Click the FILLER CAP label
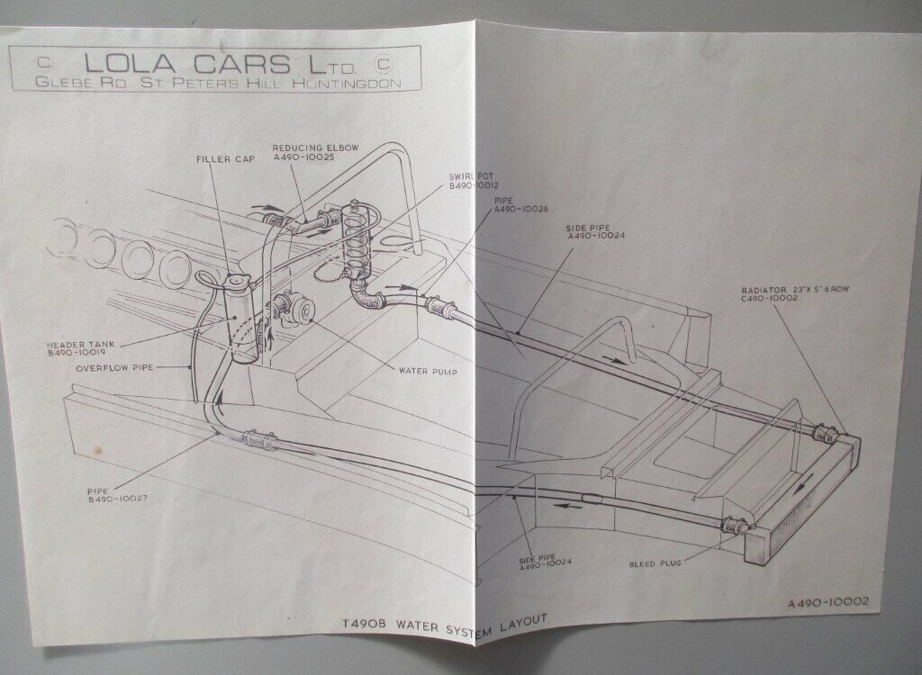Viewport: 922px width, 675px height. pyautogui.click(x=226, y=158)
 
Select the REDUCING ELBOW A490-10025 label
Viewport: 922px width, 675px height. pyautogui.click(x=315, y=152)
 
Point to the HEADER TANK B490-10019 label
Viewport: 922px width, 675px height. pyautogui.click(x=80, y=348)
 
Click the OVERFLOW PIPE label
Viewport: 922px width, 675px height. pyautogui.click(x=114, y=367)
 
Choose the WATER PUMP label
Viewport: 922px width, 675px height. pyautogui.click(x=428, y=371)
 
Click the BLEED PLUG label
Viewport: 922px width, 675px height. pyautogui.click(x=655, y=564)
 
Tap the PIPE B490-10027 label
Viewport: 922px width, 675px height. pyautogui.click(x=117, y=494)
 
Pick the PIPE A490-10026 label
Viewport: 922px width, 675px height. pyautogui.click(x=521, y=205)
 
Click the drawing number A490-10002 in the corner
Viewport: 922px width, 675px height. pyautogui.click(x=828, y=603)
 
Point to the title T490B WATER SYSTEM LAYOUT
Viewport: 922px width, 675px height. pyautogui.click(x=445, y=624)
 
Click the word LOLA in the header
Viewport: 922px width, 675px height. pyautogui.click(x=130, y=63)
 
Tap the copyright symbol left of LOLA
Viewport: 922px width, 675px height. pyautogui.click(x=43, y=62)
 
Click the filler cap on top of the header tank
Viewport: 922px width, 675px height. pyautogui.click(x=239, y=283)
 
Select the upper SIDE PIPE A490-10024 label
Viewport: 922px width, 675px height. pyautogui.click(x=595, y=231)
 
